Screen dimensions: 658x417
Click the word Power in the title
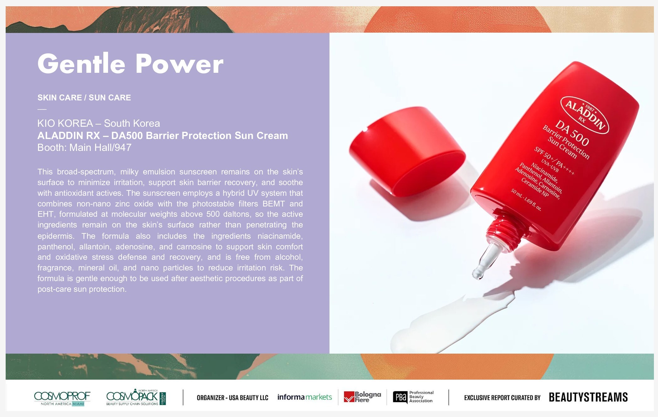(x=179, y=64)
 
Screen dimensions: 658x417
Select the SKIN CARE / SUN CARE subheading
(x=84, y=98)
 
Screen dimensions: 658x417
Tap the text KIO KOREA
(x=65, y=123)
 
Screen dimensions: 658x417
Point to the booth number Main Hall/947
(x=100, y=147)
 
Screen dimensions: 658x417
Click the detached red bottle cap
(x=407, y=152)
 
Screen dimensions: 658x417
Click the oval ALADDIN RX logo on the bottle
(x=585, y=115)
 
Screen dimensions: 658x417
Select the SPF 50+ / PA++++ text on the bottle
(x=554, y=161)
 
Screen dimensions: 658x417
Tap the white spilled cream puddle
(x=452, y=323)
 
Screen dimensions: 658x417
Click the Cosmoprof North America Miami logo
(x=62, y=398)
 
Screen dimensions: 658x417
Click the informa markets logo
(x=304, y=397)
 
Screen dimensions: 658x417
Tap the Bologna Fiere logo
(x=362, y=397)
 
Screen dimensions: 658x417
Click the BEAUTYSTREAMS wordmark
(x=588, y=397)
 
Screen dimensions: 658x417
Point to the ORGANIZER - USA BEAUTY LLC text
(x=232, y=398)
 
